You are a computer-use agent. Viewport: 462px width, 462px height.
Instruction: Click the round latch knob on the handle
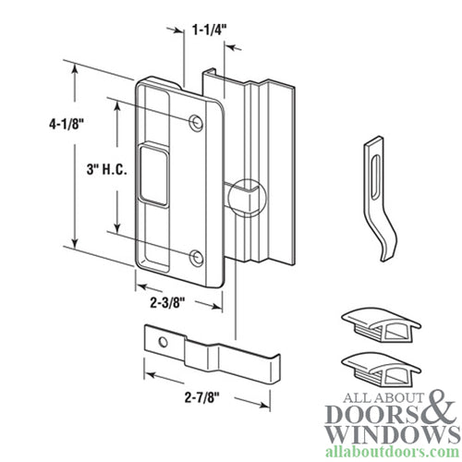(x=248, y=196)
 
